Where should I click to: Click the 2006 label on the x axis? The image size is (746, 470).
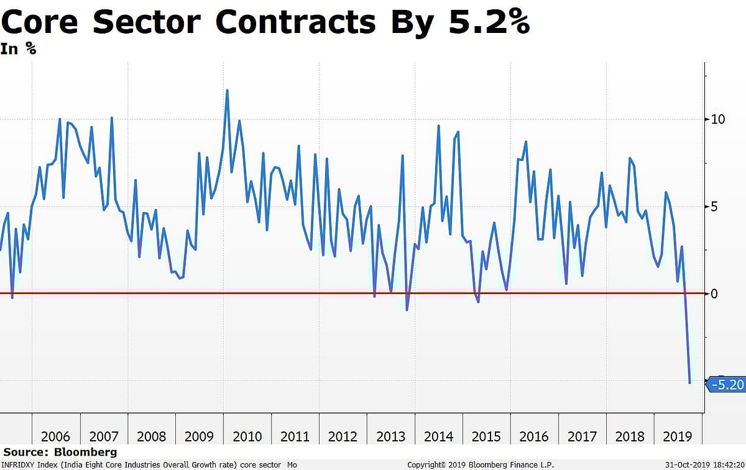(56, 436)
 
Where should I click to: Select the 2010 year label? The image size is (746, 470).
(247, 436)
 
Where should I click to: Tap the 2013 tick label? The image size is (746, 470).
(391, 436)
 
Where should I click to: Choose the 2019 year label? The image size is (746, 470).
(676, 436)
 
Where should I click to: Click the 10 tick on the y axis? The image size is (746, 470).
(718, 119)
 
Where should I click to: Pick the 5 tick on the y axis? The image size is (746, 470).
(714, 206)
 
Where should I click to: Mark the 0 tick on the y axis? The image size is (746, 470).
(714, 293)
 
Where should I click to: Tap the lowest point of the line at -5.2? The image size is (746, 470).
(690, 383)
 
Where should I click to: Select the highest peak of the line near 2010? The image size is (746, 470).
(227, 91)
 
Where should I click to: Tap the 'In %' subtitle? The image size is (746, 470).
(19, 49)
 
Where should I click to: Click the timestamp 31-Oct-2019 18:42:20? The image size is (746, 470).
(704, 464)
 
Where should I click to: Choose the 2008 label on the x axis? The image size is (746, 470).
(152, 436)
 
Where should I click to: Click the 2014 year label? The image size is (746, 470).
(439, 436)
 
